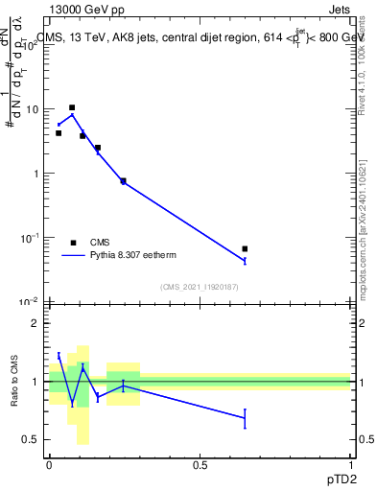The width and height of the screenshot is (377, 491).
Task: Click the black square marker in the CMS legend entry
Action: [x=73, y=243]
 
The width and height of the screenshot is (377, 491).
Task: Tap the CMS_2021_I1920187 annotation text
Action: [x=199, y=287]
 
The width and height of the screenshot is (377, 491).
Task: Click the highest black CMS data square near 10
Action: [x=72, y=108]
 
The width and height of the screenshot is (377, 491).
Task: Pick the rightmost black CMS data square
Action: [x=245, y=248]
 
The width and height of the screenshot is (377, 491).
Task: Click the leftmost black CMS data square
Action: [x=59, y=133]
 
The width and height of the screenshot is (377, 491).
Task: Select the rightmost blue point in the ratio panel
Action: [x=245, y=417]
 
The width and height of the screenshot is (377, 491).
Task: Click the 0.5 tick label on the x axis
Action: [x=200, y=464]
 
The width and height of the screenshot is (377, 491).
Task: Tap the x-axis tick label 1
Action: [x=350, y=464]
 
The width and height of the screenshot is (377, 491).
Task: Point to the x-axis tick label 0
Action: [x=49, y=464]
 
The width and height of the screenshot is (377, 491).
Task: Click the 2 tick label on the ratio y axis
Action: [x=35, y=324]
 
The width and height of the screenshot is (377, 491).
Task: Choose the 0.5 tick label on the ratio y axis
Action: [x=31, y=439]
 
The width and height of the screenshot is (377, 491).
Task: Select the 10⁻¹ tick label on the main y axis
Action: [x=30, y=237]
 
